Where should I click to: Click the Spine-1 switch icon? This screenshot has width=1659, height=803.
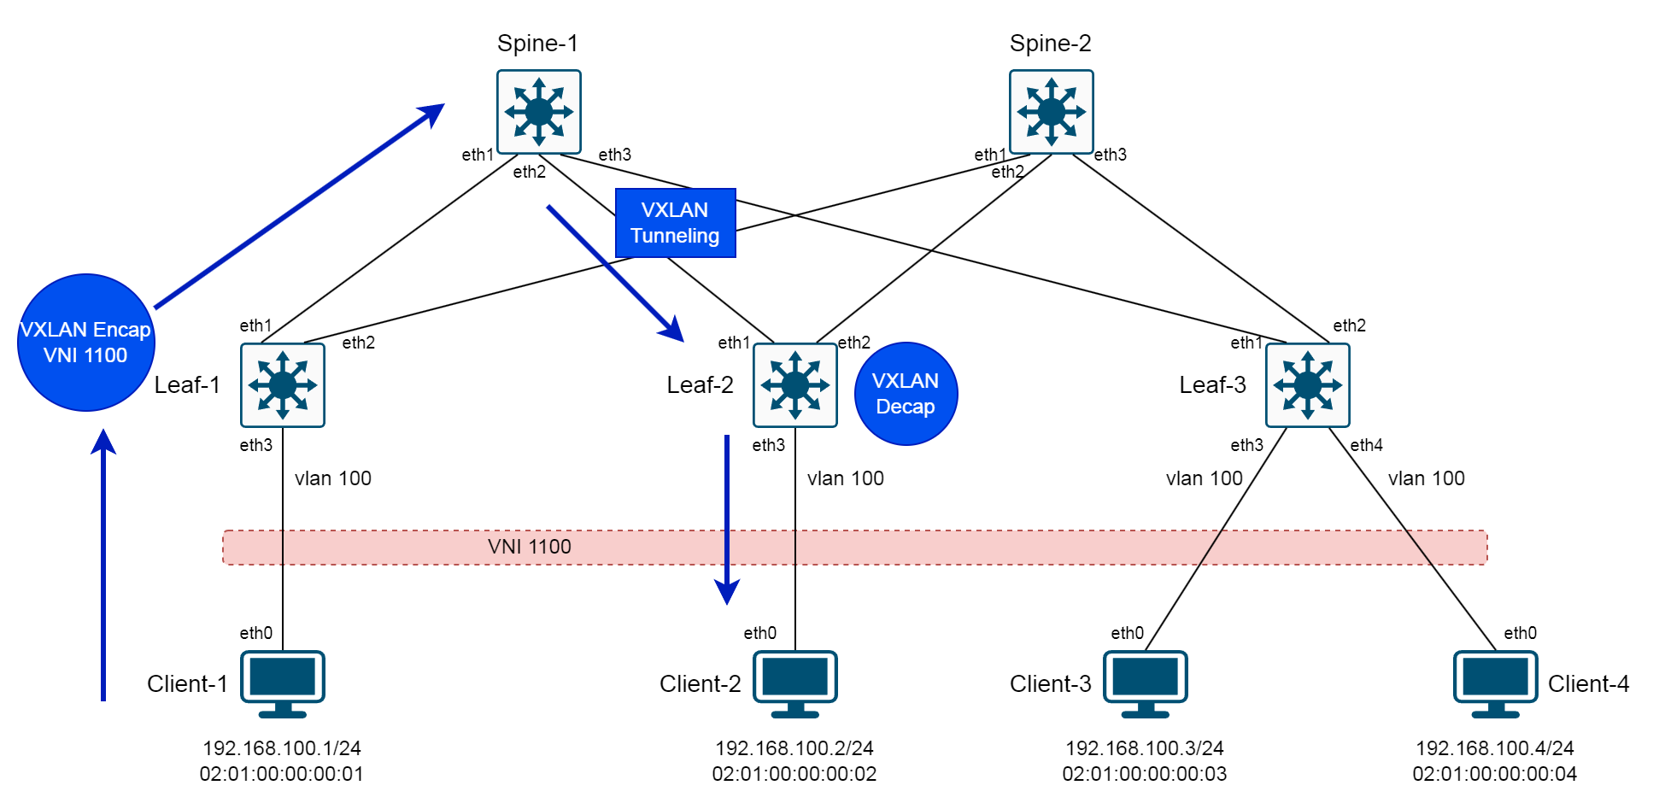pyautogui.click(x=539, y=112)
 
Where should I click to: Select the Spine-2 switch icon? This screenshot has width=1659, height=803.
pyautogui.click(x=1052, y=112)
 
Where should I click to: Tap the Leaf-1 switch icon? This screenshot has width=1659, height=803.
pyautogui.click(x=283, y=385)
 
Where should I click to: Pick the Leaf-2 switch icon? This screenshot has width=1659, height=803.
pyautogui.click(x=795, y=385)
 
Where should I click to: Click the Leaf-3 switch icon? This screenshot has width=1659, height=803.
pyautogui.click(x=1308, y=385)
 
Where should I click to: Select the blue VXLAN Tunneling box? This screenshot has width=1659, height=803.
pyautogui.click(x=675, y=223)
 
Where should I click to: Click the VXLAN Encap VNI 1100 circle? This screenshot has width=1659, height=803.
pyautogui.click(x=85, y=343)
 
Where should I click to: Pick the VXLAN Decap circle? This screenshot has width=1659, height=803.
pyautogui.click(x=906, y=394)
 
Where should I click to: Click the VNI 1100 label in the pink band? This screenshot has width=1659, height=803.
pyautogui.click(x=530, y=547)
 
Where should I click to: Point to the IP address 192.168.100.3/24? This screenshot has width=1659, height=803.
pyautogui.click(x=1145, y=748)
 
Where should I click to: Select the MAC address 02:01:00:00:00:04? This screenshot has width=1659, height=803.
pyautogui.click(x=1495, y=774)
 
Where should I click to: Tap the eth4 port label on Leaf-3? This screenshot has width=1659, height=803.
pyautogui.click(x=1366, y=445)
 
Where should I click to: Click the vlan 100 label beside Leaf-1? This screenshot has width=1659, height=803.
pyautogui.click(x=333, y=478)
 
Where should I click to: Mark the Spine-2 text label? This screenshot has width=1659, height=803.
pyautogui.click(x=1051, y=44)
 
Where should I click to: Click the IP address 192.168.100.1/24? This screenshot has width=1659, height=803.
pyautogui.click(x=282, y=748)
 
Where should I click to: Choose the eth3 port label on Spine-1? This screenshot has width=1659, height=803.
pyautogui.click(x=614, y=155)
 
